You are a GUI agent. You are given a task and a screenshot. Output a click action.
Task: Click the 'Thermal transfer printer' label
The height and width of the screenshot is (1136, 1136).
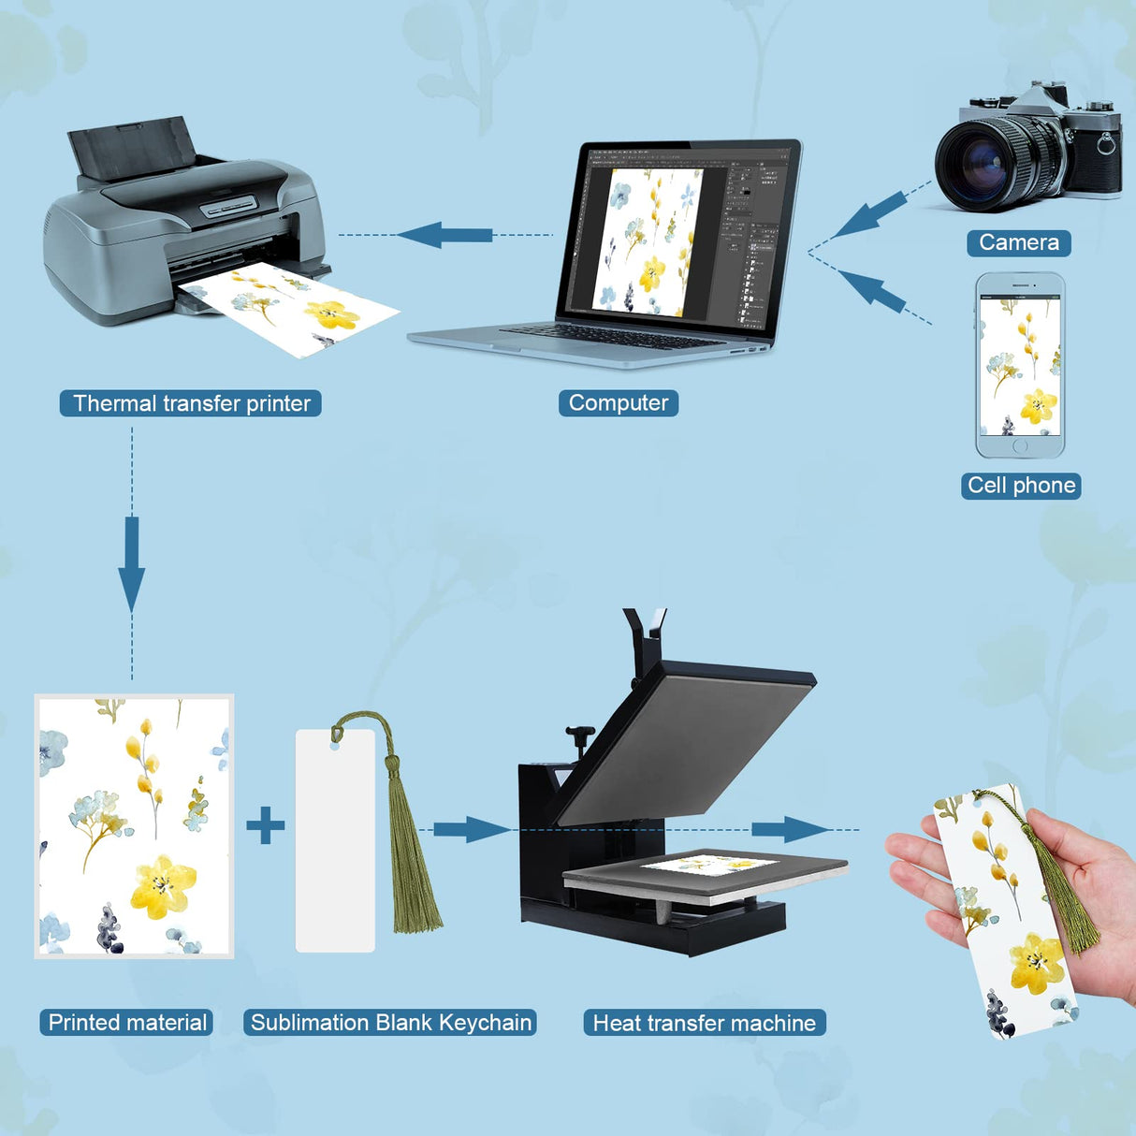point(190,403)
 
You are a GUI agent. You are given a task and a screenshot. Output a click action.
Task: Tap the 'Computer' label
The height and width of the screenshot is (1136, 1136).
point(619,402)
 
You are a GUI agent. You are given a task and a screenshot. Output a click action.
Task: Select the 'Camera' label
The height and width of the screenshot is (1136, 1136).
point(1019,242)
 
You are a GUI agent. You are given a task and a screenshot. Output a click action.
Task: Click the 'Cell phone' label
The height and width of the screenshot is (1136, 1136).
point(1021,486)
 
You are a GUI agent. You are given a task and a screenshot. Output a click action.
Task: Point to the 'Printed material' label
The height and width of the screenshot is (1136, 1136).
point(126,1023)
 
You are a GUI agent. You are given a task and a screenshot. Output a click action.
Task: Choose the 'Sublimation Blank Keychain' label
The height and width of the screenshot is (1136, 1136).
point(390,1023)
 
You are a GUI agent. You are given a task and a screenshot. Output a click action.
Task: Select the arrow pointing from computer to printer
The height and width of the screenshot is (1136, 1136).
point(445,235)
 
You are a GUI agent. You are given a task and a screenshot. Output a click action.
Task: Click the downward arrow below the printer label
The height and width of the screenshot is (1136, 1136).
point(131,564)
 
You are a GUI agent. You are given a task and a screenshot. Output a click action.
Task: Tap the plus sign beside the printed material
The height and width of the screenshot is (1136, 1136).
point(265,825)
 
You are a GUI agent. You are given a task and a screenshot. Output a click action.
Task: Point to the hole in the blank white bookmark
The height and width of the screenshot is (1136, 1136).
point(335,748)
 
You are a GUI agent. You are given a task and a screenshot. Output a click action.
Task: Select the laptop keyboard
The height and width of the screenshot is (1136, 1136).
point(613,337)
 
